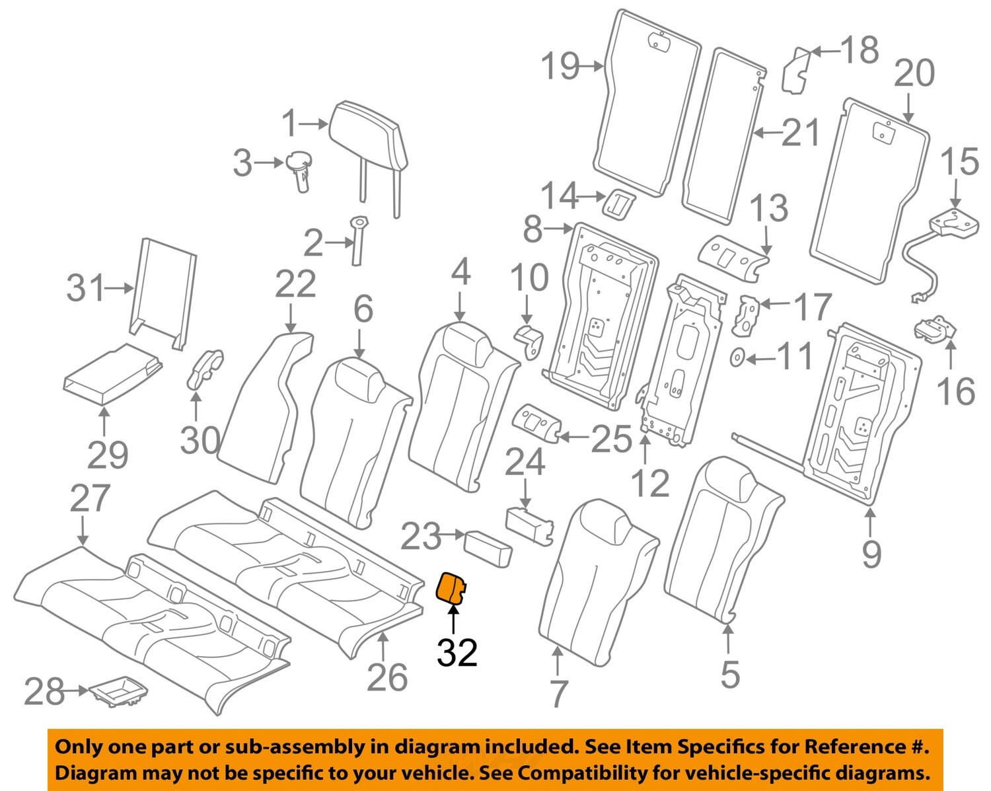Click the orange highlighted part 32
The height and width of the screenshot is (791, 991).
(x=453, y=588)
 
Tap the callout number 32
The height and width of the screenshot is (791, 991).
(x=457, y=652)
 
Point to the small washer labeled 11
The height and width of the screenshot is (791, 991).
(x=737, y=358)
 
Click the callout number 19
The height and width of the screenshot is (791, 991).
(x=560, y=66)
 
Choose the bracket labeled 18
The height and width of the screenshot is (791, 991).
(x=796, y=71)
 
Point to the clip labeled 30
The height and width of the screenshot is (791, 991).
(x=205, y=368)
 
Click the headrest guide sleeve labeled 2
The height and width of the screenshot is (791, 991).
(x=359, y=241)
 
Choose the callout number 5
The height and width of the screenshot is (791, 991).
(x=729, y=673)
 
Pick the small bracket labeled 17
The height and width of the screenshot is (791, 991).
(x=748, y=315)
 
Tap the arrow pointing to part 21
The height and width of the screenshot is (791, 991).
(x=767, y=133)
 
